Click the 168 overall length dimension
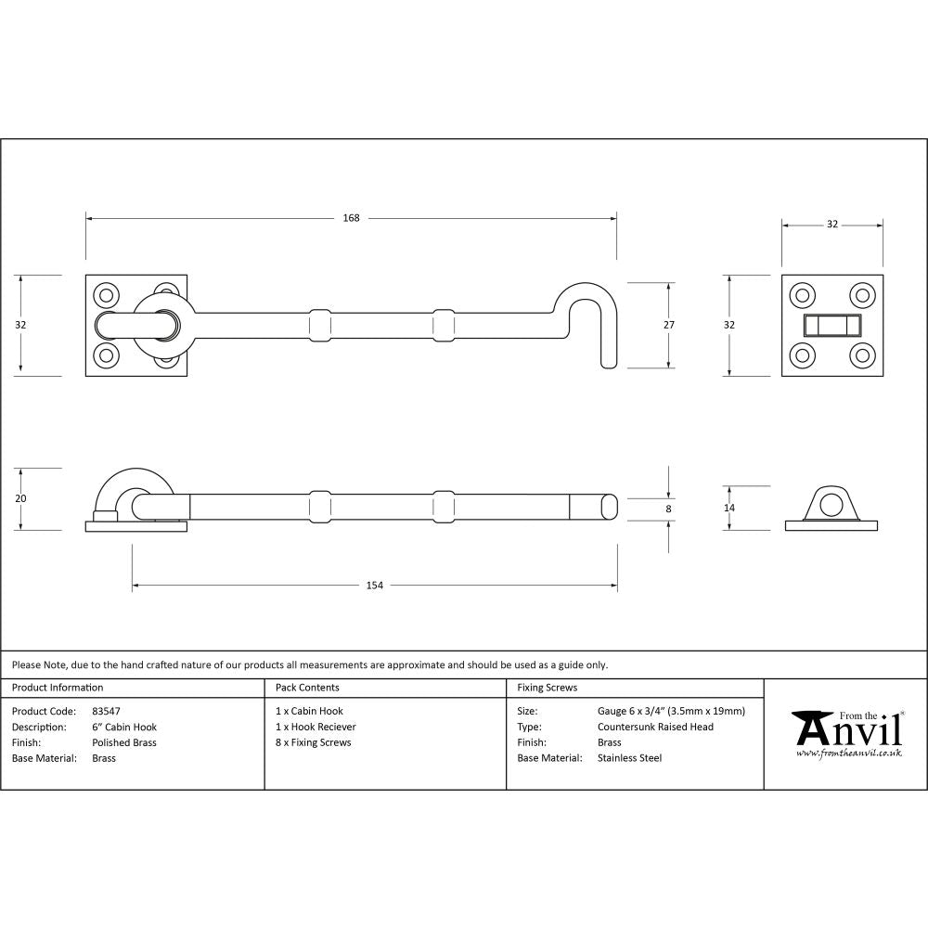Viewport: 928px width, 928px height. coord(351,218)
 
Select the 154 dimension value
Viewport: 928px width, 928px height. coord(374,586)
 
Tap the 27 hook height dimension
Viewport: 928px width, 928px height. coord(669,325)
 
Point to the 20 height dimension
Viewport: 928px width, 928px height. coord(19,499)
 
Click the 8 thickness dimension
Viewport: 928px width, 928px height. coord(669,509)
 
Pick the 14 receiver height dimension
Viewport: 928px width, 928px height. coord(729,508)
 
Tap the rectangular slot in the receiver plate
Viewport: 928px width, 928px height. coord(831,325)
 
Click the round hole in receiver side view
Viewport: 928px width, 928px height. coord(832,506)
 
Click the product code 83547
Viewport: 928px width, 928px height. coord(107,711)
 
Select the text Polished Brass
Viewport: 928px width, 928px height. coord(124,742)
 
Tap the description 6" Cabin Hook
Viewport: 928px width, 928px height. coord(124,727)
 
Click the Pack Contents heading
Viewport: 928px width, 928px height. coord(307,688)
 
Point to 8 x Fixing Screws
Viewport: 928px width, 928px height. coord(314,742)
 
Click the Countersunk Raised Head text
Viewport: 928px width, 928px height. coord(655,727)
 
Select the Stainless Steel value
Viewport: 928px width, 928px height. coord(629,758)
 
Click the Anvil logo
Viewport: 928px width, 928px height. coord(849,729)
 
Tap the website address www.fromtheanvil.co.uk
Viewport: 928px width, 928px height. coord(849,754)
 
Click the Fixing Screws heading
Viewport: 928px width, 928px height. coord(547,688)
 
